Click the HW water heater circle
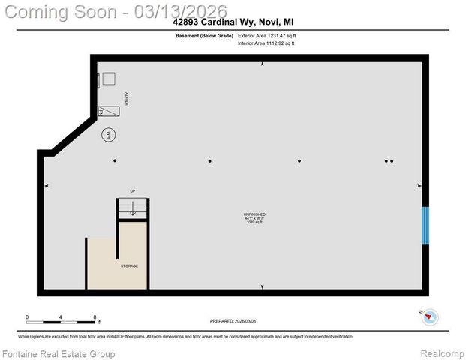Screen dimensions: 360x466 [108, 136]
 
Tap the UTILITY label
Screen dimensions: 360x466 [127, 98]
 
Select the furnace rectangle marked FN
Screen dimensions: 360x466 [110, 111]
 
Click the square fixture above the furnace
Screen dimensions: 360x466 [110, 79]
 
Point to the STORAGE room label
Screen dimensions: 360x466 [129, 266]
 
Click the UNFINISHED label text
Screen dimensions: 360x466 [254, 214]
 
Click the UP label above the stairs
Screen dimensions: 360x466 [133, 190]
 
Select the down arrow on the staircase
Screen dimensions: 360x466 [133, 210]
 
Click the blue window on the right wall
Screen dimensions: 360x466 [425, 225]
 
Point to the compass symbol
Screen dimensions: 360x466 [430, 316]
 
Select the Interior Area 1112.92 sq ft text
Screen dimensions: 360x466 [266, 43]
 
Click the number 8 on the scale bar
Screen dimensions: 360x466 [95, 316]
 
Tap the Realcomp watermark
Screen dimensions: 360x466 [442, 353]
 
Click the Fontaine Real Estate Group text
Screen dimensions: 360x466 [59, 353]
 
